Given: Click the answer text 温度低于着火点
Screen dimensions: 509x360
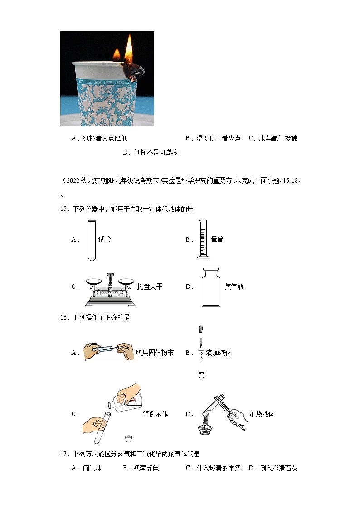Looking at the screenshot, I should click(219, 139).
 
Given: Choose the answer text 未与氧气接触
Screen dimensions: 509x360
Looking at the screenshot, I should click(278, 139).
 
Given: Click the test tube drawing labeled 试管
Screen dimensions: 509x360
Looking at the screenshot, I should click(92, 240).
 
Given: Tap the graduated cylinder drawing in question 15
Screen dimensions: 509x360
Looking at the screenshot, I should click(204, 239).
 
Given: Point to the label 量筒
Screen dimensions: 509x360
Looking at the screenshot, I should click(218, 240).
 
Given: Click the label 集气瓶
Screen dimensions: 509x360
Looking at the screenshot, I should click(234, 286).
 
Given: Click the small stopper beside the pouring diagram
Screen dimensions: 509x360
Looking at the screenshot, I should click(128, 438).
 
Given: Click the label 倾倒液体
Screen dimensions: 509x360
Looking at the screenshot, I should click(155, 414).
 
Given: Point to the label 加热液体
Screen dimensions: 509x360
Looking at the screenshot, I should click(262, 414).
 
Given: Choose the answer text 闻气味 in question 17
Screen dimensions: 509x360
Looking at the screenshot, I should click(92, 468).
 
